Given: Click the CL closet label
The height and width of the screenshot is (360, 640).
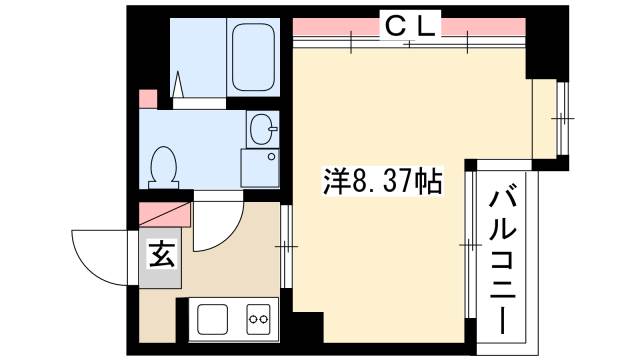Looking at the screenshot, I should pyautogui.click(x=411, y=29).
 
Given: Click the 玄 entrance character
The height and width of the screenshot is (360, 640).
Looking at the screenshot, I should pyautogui.click(x=161, y=255).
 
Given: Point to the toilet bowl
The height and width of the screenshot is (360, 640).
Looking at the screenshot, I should pyautogui.click(x=164, y=166).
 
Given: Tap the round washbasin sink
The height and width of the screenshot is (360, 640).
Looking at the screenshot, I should pyautogui.click(x=261, y=127).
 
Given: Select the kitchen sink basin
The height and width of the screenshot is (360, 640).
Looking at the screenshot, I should pyautogui.click(x=213, y=320).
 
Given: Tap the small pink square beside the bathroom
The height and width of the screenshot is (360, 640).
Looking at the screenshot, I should pyautogui.click(x=147, y=99).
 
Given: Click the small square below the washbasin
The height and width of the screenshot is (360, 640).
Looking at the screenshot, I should pyautogui.click(x=259, y=167).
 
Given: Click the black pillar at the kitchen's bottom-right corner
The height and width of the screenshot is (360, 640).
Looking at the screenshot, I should pyautogui.click(x=309, y=330).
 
